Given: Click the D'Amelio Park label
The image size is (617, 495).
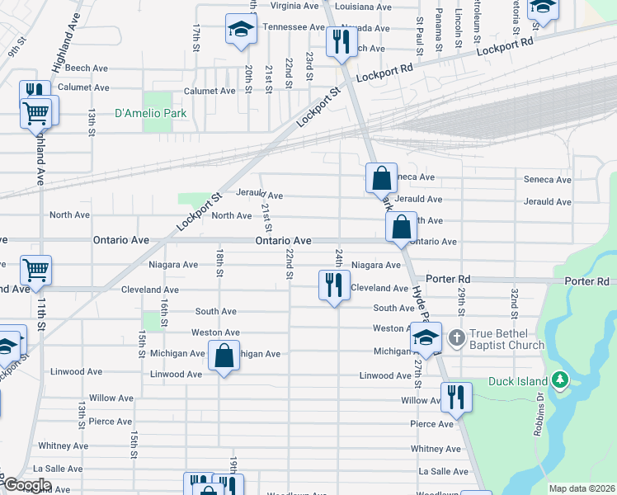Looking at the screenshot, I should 150,114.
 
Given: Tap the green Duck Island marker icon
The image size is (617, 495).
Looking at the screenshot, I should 561,379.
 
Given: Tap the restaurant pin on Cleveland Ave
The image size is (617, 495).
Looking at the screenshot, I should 334,286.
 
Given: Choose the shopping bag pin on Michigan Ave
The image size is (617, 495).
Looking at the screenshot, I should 224,356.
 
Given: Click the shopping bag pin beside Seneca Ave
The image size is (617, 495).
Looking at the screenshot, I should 381,177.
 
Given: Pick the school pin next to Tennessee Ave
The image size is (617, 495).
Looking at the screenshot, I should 241,30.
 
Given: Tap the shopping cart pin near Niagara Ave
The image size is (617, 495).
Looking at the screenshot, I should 36,269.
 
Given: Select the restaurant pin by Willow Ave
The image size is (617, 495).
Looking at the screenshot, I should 456,398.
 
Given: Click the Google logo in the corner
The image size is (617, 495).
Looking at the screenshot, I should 27,485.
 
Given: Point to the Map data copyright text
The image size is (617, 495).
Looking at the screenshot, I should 582,488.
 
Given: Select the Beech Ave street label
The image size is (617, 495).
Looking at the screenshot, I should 87,68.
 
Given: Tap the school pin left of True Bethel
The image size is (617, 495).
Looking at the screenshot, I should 426,337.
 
